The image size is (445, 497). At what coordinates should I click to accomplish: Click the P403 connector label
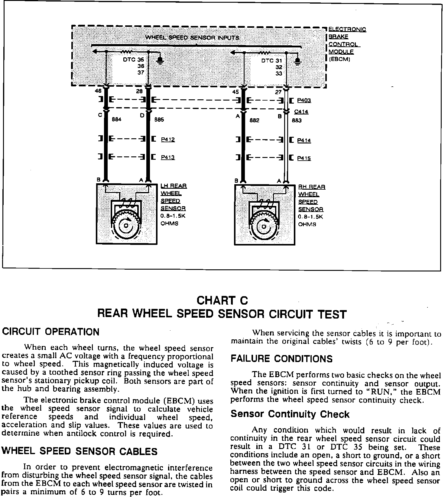304,100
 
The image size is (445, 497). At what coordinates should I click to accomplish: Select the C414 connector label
301,112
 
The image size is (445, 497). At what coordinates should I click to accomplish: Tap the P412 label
168,139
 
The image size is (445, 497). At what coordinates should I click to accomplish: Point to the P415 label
304,158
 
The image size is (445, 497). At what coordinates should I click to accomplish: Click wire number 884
116,120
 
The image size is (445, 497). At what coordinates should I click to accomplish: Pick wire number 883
297,120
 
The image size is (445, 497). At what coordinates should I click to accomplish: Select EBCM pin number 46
98,91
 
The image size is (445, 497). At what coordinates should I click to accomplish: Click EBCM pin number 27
278,92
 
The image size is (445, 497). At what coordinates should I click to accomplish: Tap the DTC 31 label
271,61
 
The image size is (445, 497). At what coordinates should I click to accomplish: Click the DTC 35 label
133,60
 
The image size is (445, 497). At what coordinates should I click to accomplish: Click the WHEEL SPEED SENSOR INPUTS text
192,38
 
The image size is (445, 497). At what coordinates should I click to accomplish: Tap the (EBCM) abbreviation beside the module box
339,59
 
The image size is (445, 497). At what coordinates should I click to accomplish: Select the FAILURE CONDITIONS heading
281,359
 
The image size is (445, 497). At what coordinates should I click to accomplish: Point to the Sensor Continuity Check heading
290,414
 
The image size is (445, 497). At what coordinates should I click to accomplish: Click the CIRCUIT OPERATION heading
51,332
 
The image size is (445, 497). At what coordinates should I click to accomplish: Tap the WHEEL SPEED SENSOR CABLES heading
80,451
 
